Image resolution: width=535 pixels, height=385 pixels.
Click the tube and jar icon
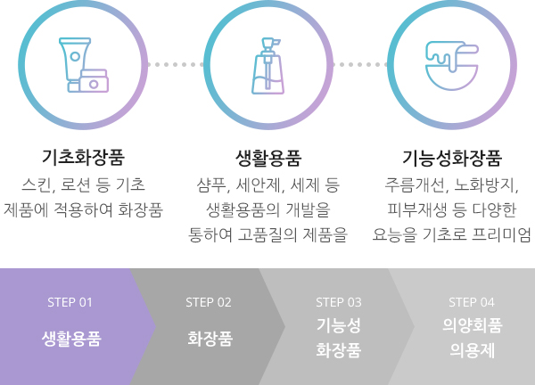[x=83, y=64]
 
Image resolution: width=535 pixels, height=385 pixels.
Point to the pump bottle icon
[x=268, y=64]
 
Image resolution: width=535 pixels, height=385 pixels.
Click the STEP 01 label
[x=70, y=302]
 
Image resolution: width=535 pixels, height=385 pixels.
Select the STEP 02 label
[x=210, y=302]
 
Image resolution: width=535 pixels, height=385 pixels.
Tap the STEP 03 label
[x=339, y=302]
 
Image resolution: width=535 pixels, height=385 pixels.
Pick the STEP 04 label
[x=472, y=302]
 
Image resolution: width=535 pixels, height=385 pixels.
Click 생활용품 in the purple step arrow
[x=70, y=339]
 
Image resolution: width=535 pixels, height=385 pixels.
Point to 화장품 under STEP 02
[x=210, y=339]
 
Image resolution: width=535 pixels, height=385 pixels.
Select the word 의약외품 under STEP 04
[x=472, y=325]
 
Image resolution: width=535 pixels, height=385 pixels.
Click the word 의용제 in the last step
[x=472, y=349]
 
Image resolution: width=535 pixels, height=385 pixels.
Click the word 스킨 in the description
[x=37, y=186]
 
